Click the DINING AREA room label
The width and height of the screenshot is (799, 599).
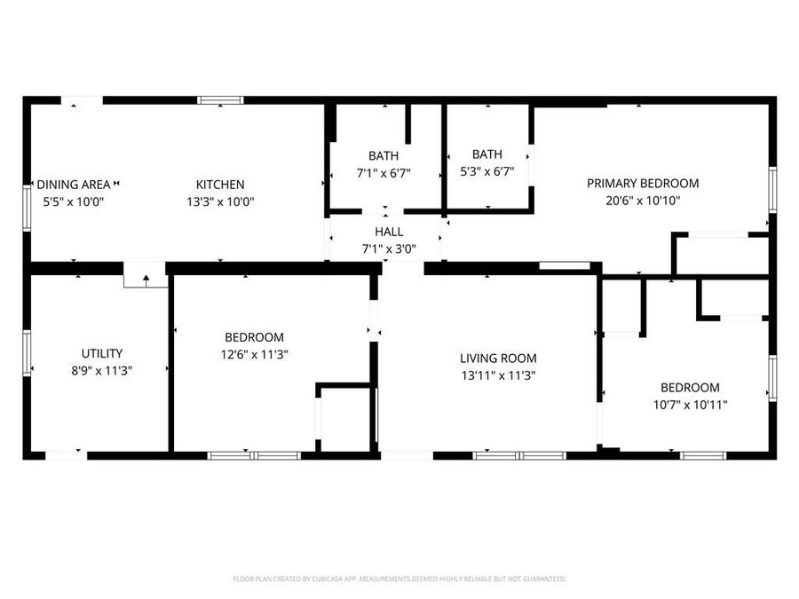(74, 185)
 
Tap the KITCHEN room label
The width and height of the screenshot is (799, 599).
(220, 185)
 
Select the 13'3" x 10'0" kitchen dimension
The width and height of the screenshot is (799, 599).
(220, 201)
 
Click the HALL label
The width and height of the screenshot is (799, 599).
(389, 232)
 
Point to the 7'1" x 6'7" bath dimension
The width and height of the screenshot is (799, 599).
(384, 173)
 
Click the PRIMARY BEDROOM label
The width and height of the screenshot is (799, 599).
(643, 184)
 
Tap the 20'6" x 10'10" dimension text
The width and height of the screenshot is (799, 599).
(643, 201)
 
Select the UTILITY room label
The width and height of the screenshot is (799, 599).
(102, 353)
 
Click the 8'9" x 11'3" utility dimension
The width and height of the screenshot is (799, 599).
(102, 370)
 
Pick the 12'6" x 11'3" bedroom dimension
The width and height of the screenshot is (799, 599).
(254, 354)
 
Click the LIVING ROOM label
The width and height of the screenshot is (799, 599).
(498, 359)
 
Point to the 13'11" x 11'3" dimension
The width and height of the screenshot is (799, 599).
(498, 375)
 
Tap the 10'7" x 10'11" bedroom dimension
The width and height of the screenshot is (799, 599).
(690, 405)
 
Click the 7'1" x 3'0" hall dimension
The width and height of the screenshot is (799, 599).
(389, 249)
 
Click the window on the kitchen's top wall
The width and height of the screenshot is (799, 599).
(220, 100)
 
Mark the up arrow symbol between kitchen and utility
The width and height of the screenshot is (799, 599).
(146, 280)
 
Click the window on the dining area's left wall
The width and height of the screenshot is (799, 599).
(27, 207)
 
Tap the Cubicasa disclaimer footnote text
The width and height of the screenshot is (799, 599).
(399, 579)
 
